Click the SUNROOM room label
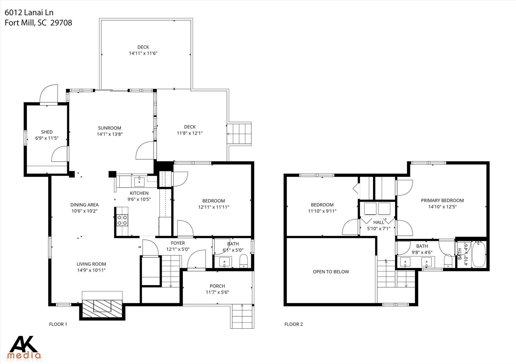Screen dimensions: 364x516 [x=109, y=128]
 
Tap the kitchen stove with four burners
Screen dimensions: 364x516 [x=122, y=220]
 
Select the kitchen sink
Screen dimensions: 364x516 [x=139, y=181]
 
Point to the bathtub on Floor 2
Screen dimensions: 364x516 [x=478, y=255]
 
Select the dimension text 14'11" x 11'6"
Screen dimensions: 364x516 [x=143, y=53]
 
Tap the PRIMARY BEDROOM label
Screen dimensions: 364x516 [x=442, y=200]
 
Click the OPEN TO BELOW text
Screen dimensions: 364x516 [x=331, y=272]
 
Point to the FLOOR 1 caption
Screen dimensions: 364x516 [x=58, y=324]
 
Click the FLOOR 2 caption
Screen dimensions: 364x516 [x=294, y=324]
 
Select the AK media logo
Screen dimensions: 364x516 [x=24, y=347]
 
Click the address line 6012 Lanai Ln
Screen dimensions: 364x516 [x=29, y=12]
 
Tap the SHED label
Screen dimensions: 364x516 [x=47, y=132]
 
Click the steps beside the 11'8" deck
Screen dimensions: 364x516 [x=239, y=134]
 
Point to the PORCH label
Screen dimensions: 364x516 [x=217, y=286]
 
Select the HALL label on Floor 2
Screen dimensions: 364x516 [x=379, y=222]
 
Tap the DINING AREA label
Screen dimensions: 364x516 [x=84, y=205]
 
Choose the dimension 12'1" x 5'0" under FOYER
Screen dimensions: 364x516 [x=178, y=249]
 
